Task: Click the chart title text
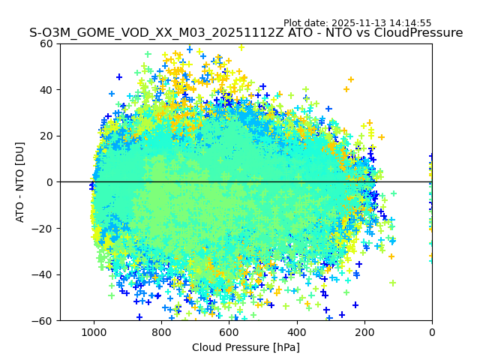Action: pos(246,33)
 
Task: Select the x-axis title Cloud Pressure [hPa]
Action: pos(246,347)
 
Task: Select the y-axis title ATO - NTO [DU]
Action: pos(20,181)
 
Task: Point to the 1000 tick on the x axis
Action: pos(94,331)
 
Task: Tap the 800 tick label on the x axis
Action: pos(161,331)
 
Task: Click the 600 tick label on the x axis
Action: pos(229,331)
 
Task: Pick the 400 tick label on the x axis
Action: pos(296,331)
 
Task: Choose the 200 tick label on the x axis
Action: pos(364,331)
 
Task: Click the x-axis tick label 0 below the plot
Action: pos(432,331)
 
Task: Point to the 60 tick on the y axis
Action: pos(46,43)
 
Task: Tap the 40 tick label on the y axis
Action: pos(46,89)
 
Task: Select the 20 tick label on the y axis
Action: pos(46,136)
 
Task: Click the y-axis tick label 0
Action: pos(49,181)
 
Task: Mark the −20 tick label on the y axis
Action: pos(43,228)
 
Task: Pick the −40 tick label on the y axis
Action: pos(43,274)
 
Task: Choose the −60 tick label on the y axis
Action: pos(43,320)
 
